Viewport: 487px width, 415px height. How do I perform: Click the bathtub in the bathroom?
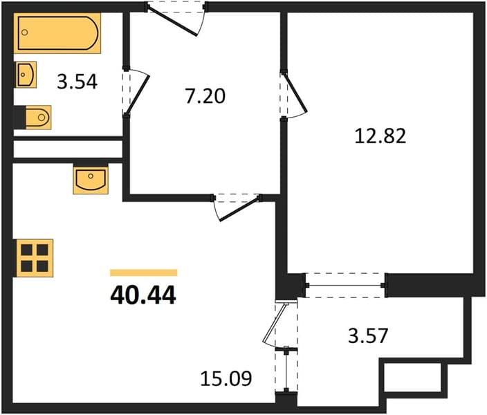tap(57, 33)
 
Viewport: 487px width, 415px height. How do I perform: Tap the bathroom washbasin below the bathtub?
tap(26, 75)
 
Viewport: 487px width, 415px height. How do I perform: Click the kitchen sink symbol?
tap(91, 180)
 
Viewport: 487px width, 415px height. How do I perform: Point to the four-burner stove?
tap(35, 258)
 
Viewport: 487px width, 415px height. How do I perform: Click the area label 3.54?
tap(77, 82)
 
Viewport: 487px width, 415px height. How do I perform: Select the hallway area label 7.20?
tap(205, 95)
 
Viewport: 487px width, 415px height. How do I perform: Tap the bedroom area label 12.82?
tap(380, 136)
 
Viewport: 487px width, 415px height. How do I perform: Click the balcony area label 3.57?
tap(368, 335)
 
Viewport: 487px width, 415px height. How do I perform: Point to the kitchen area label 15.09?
tap(226, 378)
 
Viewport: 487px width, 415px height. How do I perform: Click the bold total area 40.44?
tap(143, 295)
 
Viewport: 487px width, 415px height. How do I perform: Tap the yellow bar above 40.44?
tap(143, 273)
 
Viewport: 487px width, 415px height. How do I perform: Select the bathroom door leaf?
tap(137, 94)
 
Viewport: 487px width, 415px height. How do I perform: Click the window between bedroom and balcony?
tap(345, 285)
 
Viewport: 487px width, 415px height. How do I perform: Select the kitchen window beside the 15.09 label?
tap(286, 369)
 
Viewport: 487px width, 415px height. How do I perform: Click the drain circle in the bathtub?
tap(25, 33)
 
